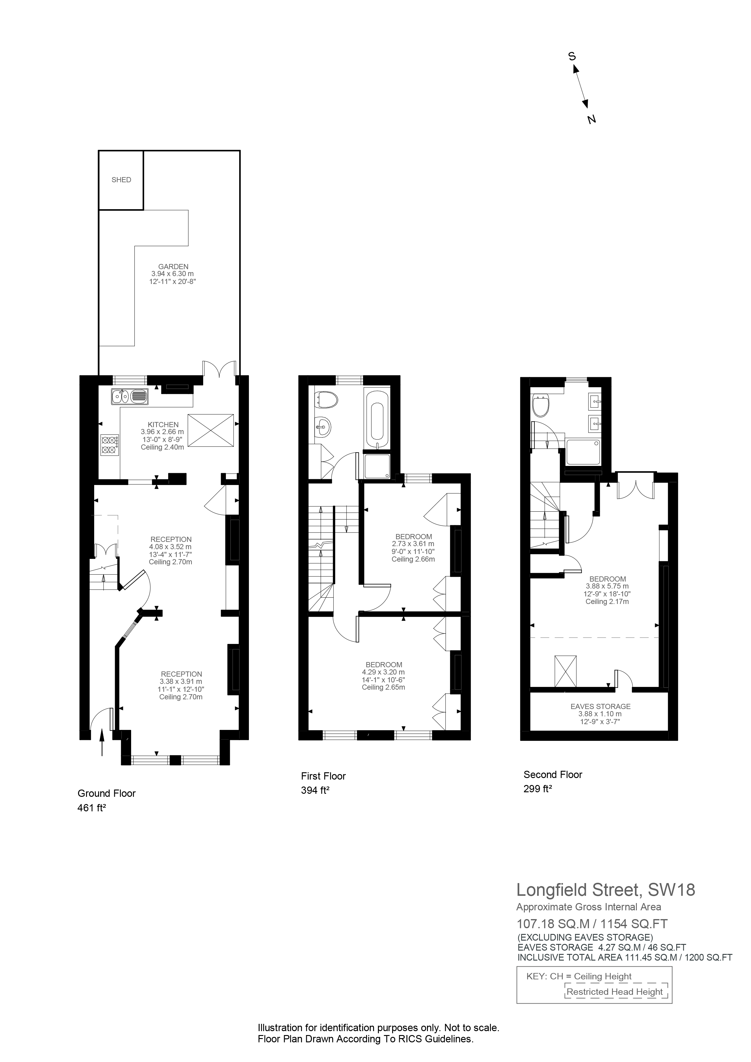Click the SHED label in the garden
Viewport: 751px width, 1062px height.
[x=121, y=180]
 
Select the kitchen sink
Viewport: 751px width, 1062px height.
[x=130, y=396]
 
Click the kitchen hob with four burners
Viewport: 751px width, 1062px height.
[x=109, y=444]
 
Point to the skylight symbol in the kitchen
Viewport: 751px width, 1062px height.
[x=210, y=430]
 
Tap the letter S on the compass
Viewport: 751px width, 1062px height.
[x=572, y=56]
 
